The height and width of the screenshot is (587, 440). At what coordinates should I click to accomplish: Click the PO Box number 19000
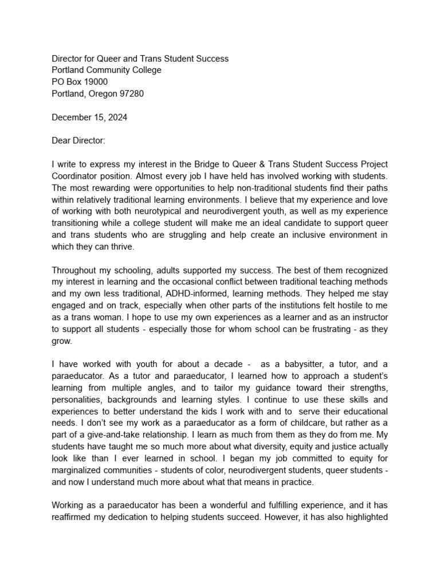coord(95,82)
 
